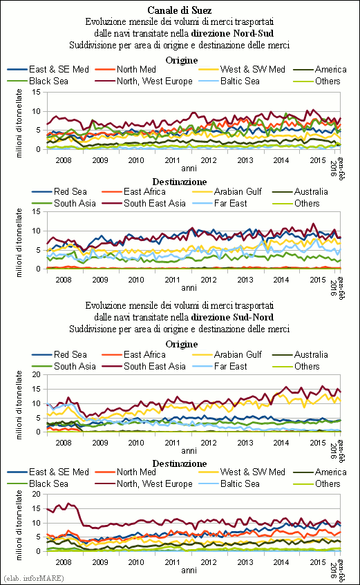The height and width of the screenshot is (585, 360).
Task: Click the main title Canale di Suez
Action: click(180, 10)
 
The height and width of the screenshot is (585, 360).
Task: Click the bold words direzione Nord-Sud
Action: click(232, 33)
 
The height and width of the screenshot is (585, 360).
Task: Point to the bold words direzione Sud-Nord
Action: click(232, 317)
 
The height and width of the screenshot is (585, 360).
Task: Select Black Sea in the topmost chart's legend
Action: click(48, 81)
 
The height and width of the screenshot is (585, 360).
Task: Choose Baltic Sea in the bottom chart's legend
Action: click(240, 483)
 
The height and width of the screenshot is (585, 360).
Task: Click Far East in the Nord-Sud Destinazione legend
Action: click(230, 203)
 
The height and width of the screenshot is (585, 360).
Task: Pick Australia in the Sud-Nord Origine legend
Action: click(311, 354)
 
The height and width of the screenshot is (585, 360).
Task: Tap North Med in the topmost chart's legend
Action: click(136, 69)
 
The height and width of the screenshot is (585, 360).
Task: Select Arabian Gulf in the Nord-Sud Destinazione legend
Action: click(238, 192)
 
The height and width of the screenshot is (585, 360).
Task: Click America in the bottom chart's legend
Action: click(331, 472)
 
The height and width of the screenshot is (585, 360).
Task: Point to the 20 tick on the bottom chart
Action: click(36, 494)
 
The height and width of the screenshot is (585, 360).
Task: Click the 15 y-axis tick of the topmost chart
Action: click(36, 92)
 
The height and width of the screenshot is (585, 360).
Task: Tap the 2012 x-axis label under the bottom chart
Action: click(209, 562)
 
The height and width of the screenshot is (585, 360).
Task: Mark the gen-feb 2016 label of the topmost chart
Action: click(337, 169)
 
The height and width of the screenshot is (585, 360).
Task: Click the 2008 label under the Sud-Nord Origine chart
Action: click(64, 443)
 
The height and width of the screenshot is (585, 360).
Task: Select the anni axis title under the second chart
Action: click(189, 287)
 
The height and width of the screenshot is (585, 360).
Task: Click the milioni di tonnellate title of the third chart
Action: click(19, 405)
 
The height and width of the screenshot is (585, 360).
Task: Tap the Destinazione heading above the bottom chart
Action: click(180, 463)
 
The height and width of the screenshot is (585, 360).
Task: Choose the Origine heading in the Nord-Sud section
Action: click(182, 61)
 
